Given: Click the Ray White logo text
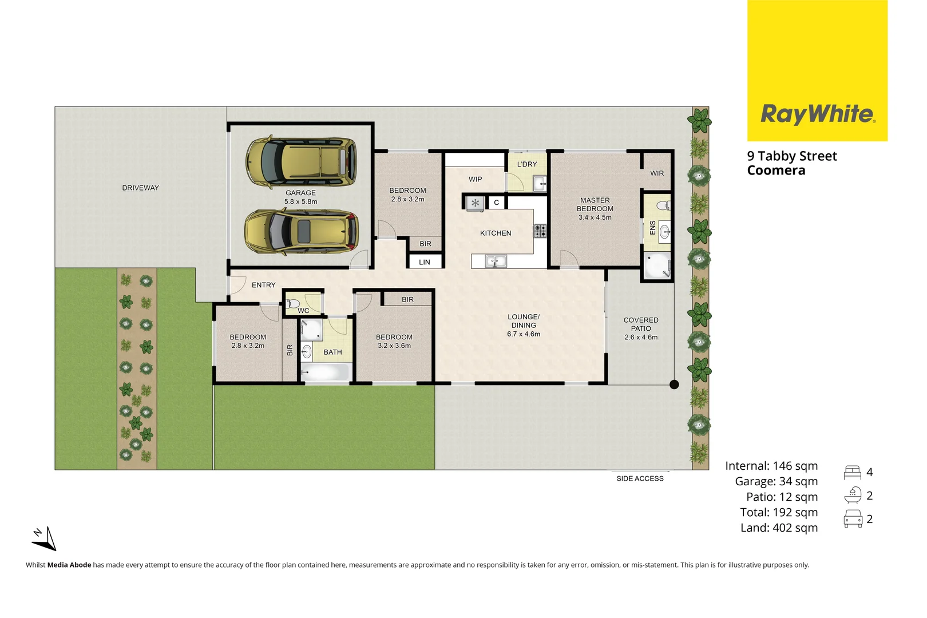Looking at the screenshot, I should [817, 114].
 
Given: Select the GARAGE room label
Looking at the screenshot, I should [300, 193].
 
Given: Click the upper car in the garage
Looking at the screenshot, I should [301, 162].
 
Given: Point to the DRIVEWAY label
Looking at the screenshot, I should [140, 188].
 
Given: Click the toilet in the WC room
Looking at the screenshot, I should [292, 303].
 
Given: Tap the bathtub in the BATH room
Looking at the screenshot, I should [325, 373].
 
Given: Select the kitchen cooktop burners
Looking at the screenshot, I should [540, 231].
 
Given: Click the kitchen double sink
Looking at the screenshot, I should [496, 262].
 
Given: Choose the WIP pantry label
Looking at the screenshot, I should [475, 179].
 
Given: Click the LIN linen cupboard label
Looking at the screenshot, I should [424, 262].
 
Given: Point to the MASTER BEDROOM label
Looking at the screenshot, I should [595, 204].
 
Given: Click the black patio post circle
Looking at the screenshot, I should [674, 385].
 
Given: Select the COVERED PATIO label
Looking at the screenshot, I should [641, 324].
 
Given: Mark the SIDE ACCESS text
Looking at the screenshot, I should [640, 478].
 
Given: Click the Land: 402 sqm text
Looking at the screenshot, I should [779, 528].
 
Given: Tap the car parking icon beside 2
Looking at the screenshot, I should [853, 519].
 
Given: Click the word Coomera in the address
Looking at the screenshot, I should [776, 171].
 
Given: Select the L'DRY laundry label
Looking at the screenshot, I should [526, 164].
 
